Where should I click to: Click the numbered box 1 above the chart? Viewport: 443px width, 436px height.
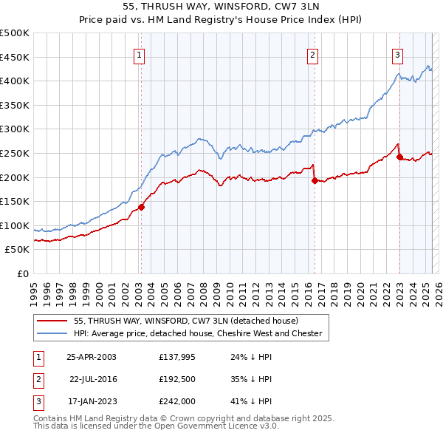[140, 54]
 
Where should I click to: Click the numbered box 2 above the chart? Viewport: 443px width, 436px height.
[313, 54]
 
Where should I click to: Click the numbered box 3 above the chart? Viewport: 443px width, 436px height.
[397, 54]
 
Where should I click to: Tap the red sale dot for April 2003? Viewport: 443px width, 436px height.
[141, 207]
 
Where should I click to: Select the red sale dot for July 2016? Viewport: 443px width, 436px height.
[315, 180]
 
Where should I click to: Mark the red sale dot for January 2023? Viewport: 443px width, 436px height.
[399, 157]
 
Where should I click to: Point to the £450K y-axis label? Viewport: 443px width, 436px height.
[15, 57]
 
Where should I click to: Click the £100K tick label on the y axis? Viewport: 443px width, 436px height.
[15, 225]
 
